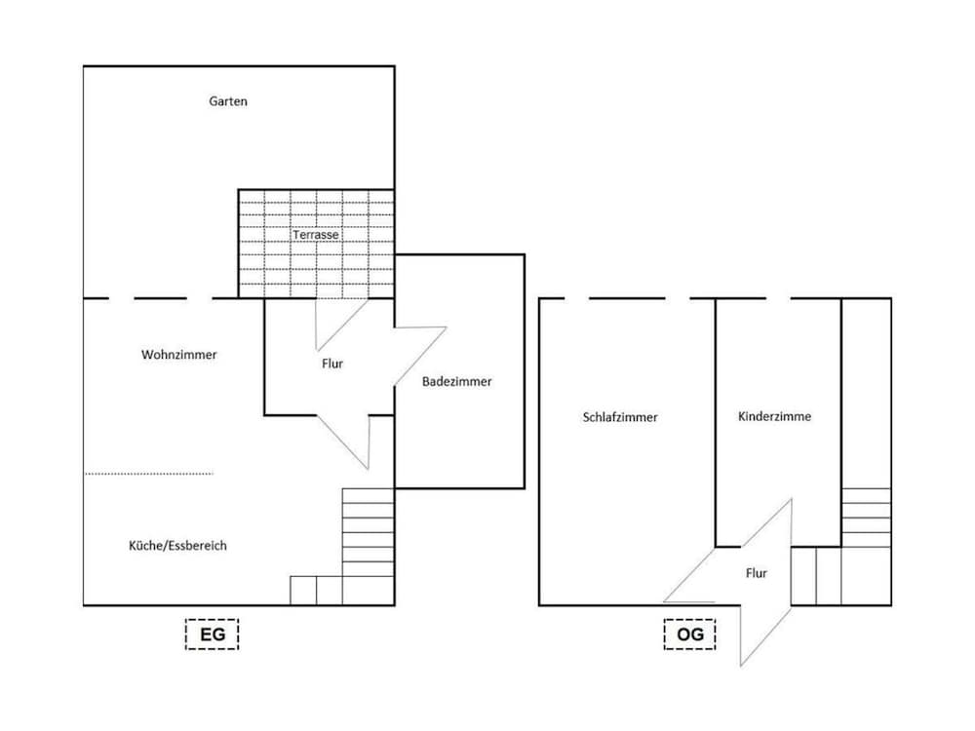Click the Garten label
click(x=228, y=101)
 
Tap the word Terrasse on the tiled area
click(x=315, y=235)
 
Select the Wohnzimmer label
click(x=179, y=355)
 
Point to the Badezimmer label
click(x=456, y=382)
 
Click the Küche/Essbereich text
click(x=177, y=546)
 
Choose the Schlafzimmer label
click(x=620, y=417)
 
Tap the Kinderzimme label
click(x=775, y=416)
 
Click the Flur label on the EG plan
click(x=332, y=364)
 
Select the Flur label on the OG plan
click(x=756, y=573)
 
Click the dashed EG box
click(x=212, y=635)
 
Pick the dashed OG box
click(x=689, y=635)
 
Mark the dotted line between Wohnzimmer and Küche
click(x=148, y=474)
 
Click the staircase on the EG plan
click(x=367, y=546)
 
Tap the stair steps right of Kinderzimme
click(x=866, y=517)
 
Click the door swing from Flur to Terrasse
click(x=336, y=322)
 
